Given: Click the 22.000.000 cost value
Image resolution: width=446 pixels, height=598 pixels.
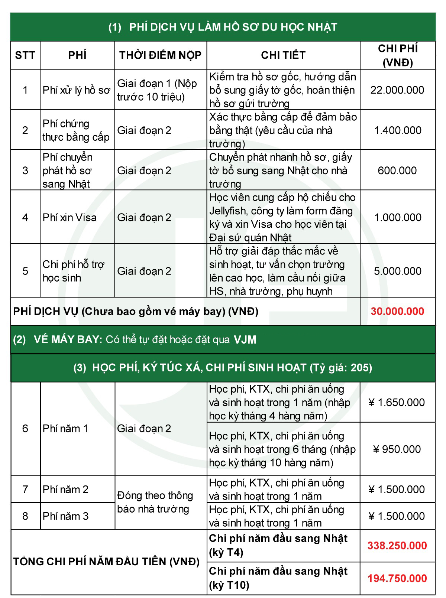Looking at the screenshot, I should [397, 90].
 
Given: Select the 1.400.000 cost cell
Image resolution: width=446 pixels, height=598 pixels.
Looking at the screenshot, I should [398, 130].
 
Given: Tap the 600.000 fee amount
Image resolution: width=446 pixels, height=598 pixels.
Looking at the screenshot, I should [397, 170].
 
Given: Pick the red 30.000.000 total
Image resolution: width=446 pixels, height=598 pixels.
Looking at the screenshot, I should [397, 311].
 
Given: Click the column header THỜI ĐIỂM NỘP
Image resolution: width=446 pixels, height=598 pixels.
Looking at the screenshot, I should [160, 55].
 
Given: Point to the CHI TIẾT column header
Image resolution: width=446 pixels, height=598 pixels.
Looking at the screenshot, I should [283, 55].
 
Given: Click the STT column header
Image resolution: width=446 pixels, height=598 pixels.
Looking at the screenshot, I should [25, 55].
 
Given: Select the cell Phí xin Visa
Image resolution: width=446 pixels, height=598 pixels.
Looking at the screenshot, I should [70, 217].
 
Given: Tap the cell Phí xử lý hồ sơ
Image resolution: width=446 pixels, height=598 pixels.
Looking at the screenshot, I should [77, 90].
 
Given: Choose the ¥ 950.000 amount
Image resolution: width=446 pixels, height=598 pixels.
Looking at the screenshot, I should [397, 449].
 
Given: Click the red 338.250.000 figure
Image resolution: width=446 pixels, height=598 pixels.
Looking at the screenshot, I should [397, 546].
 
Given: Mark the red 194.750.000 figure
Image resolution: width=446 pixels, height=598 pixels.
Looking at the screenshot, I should [397, 578].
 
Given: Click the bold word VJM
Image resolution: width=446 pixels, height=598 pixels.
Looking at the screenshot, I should [245, 340].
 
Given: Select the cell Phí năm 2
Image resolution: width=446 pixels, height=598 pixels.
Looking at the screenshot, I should [65, 489].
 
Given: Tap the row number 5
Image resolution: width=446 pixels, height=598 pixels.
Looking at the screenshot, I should [25, 271].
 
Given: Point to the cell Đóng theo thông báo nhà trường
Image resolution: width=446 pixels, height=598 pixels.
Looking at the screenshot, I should [155, 502].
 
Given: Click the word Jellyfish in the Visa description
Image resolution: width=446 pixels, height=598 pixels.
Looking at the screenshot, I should [227, 211].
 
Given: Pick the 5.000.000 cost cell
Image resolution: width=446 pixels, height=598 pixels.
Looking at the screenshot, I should [398, 271].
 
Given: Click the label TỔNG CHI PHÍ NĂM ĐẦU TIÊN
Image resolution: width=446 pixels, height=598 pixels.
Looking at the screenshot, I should [106, 562].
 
